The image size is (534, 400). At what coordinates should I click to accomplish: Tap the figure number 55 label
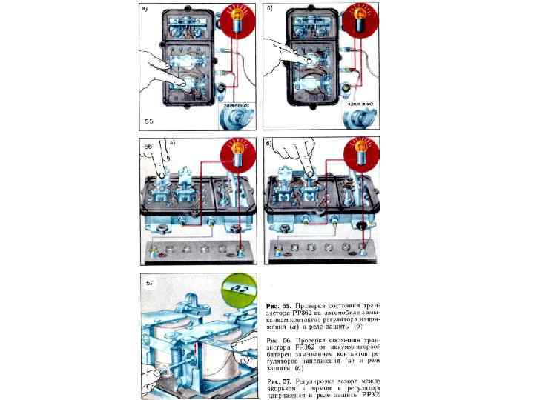[148, 121]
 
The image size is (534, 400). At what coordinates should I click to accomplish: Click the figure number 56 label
[148, 147]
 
